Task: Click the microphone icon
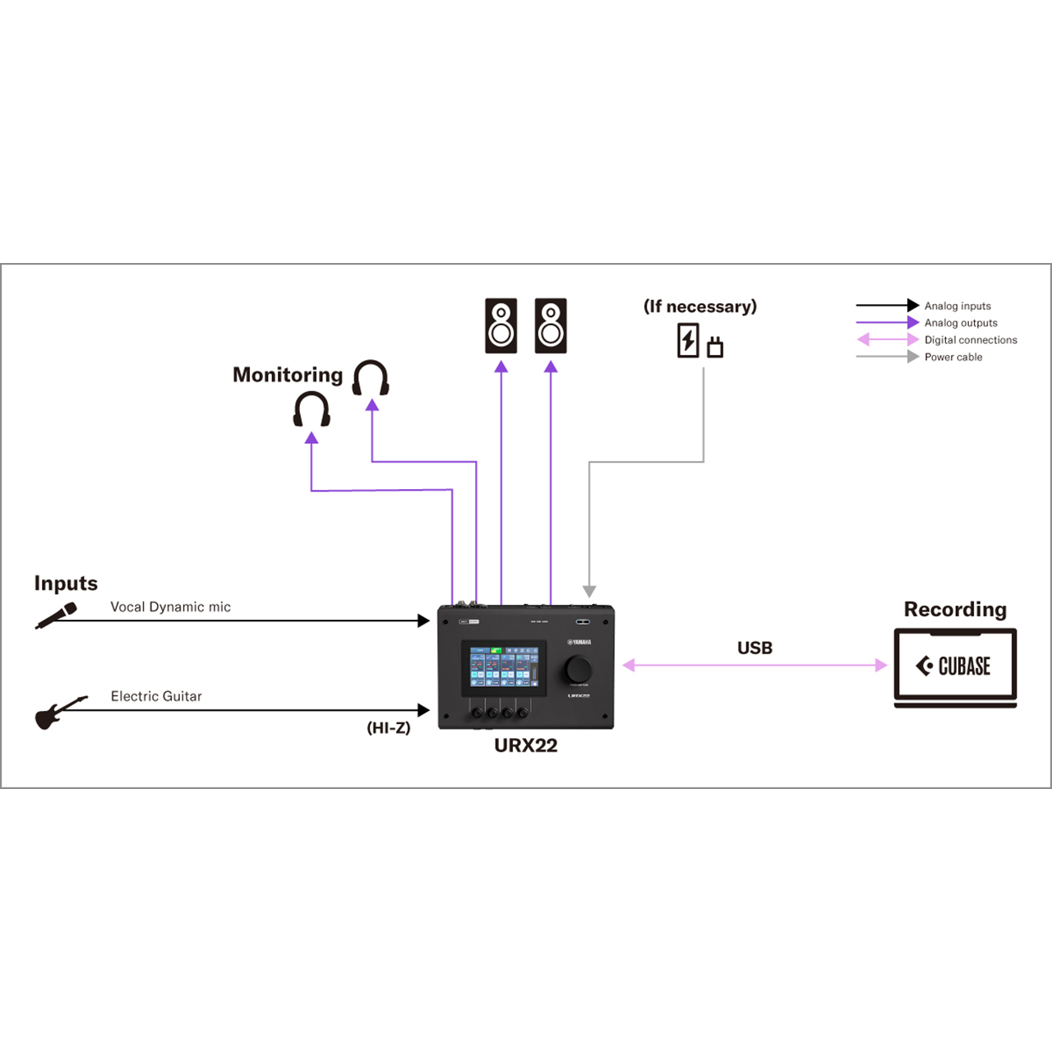(x=56, y=616)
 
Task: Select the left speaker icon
(x=501, y=325)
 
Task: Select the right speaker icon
(x=551, y=325)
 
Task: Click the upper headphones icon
(x=371, y=378)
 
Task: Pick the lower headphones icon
(x=311, y=409)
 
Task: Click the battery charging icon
(x=688, y=340)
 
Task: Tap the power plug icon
(x=715, y=347)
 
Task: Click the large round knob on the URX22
(x=579, y=669)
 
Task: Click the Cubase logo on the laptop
(x=954, y=666)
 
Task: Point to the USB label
(x=754, y=648)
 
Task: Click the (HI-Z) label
(x=388, y=727)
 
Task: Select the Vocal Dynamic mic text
(x=170, y=607)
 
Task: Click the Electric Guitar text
(x=156, y=696)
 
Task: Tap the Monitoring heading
(x=288, y=375)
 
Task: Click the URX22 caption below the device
(x=525, y=745)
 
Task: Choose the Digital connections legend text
(x=971, y=339)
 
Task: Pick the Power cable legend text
(x=953, y=357)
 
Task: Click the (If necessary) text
(x=700, y=307)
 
